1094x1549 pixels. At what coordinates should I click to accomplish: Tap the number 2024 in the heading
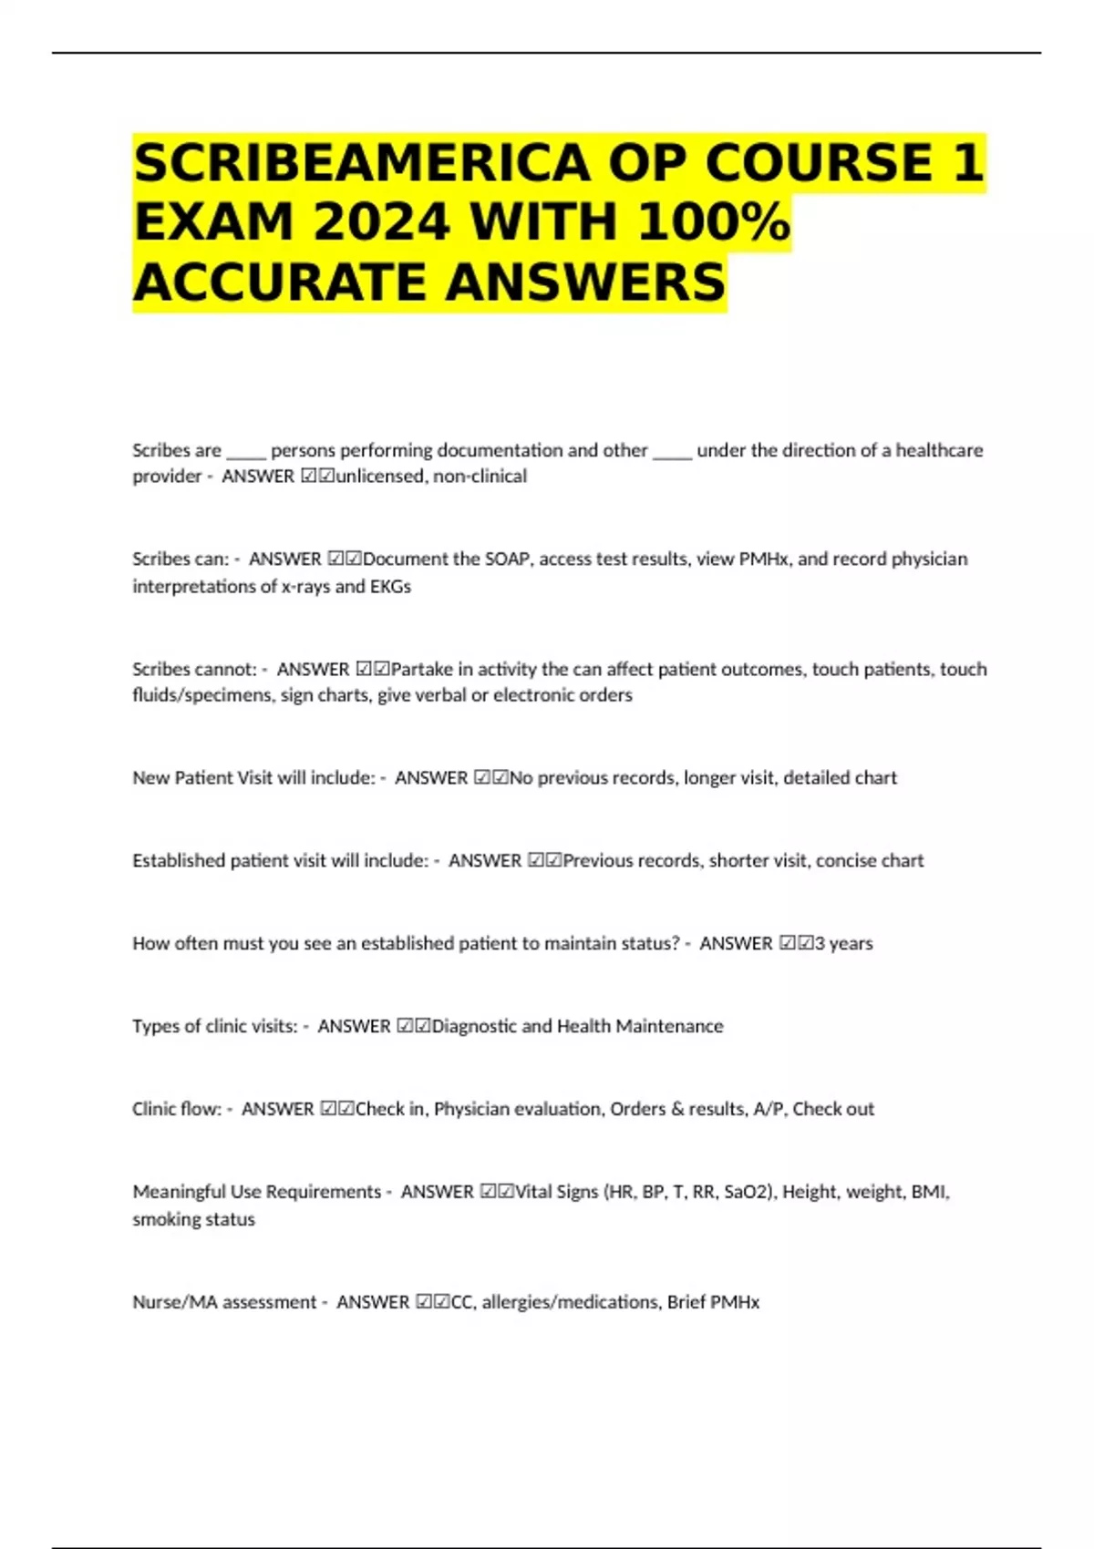coord(383,222)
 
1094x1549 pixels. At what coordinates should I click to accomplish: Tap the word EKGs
coord(390,586)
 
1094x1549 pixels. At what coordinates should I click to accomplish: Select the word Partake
coord(421,669)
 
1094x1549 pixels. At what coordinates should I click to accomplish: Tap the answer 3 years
coord(843,943)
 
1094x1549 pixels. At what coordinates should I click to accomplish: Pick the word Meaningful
coord(179,1192)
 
